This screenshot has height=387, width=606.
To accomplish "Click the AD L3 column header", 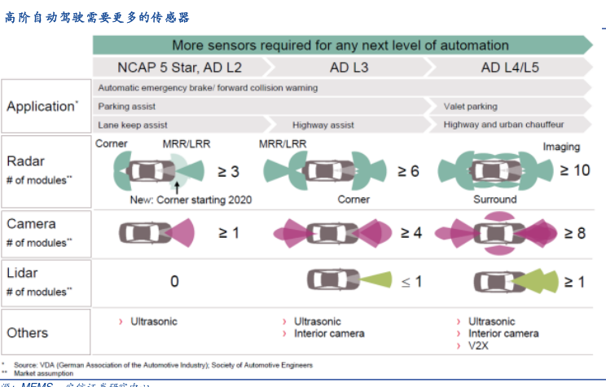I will [349, 67].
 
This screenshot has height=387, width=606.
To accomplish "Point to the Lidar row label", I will [23, 273].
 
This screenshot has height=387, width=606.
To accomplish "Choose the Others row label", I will [28, 332].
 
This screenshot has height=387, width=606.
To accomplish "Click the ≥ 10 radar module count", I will [574, 170].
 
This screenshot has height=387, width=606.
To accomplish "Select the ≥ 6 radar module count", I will [408, 170].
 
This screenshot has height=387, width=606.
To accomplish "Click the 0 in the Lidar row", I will [174, 281].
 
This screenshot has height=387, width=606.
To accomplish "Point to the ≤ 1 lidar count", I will [411, 281].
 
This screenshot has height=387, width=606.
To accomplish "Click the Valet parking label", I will [470, 106].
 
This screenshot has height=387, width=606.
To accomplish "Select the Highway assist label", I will [323, 125].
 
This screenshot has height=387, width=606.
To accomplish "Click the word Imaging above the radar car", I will [561, 147].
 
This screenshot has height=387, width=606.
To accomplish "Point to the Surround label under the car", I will [494, 199].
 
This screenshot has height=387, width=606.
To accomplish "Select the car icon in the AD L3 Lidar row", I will [332, 281].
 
